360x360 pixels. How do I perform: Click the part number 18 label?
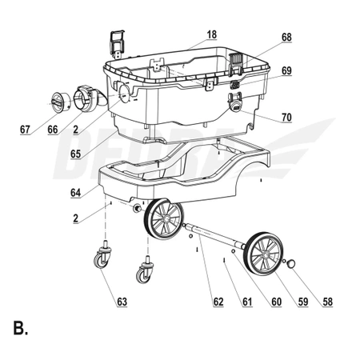tap(212, 34)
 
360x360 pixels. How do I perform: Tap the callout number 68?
tap(286, 38)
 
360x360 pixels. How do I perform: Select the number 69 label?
tap(286, 70)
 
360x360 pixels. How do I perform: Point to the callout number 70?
tap(286, 118)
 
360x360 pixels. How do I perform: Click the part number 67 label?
tap(25, 130)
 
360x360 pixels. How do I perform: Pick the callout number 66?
tap(53, 130)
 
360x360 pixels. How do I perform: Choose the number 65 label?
tap(75, 154)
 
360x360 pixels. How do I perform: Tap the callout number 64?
tap(75, 193)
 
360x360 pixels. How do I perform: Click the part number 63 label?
tap(122, 302)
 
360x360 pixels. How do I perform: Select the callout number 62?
tap(218, 302)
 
